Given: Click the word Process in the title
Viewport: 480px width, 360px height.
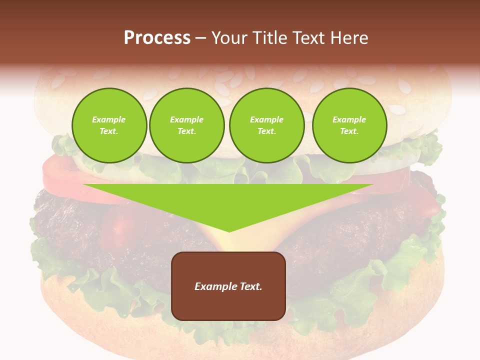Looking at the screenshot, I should point(157,38).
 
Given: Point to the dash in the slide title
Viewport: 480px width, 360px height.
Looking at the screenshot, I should point(201,38).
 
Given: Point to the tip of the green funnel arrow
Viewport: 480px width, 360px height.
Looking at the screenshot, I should point(229,230).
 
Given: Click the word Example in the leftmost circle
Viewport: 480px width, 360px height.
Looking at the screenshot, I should point(109,119).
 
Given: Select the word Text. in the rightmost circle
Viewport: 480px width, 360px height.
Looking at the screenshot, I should point(349,131).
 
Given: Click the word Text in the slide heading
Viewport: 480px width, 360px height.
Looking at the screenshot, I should point(310,38).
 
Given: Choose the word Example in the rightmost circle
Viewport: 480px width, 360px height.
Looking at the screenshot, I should point(349,119).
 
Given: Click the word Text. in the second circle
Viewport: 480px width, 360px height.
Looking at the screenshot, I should point(187,131).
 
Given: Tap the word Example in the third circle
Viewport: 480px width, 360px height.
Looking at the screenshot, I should point(266,119).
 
